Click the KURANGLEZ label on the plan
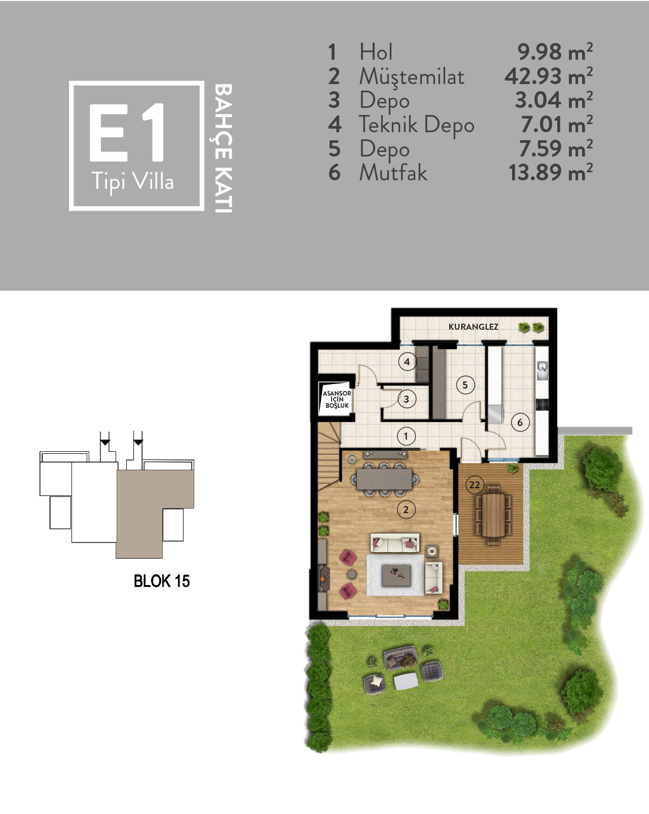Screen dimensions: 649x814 click(x=473, y=327)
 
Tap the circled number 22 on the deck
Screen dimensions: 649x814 click(x=475, y=485)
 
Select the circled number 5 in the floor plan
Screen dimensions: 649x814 click(x=465, y=385)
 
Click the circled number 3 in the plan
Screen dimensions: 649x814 click(x=407, y=399)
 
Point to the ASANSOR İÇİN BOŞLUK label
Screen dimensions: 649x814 click(x=337, y=400)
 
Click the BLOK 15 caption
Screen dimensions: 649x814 click(x=162, y=582)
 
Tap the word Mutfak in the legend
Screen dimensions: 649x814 click(x=393, y=173)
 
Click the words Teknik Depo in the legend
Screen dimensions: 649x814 click(x=416, y=125)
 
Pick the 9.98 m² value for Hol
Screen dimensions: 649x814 click(x=555, y=52)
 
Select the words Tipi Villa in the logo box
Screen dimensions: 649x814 click(x=132, y=181)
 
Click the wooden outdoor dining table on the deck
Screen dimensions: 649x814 click(x=493, y=515)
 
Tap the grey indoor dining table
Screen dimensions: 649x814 click(x=384, y=479)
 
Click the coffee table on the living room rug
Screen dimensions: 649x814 click(x=396, y=575)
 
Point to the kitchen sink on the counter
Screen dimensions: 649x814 click(x=542, y=370)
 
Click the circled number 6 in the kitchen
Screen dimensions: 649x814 click(x=520, y=422)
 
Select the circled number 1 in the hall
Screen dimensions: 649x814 click(x=406, y=437)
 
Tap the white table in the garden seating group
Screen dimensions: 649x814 click(x=406, y=681)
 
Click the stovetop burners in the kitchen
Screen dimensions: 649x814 click(x=542, y=404)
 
